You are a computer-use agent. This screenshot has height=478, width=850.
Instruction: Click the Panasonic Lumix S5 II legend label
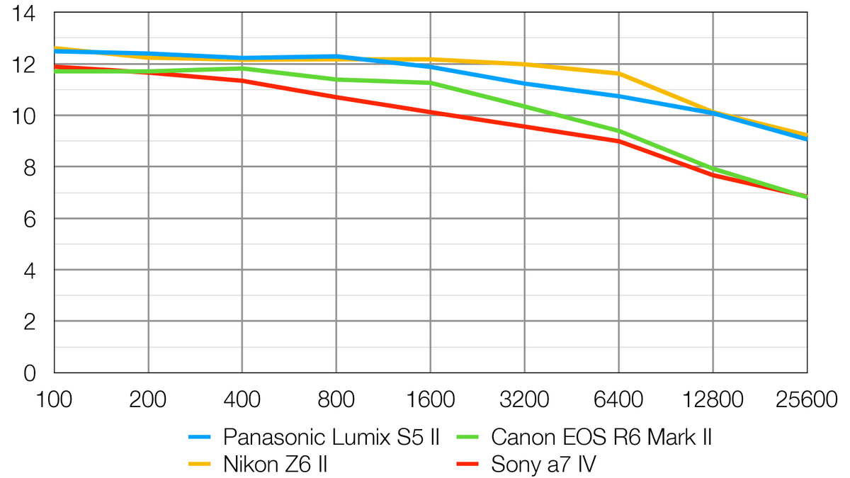pos(331,437)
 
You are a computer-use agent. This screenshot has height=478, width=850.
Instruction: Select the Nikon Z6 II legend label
pos(275,465)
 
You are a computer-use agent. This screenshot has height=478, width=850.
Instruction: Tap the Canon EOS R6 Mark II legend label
pos(601,437)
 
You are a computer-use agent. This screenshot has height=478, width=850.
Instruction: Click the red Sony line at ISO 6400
pos(618,140)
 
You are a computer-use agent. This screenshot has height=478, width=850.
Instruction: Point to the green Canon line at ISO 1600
pos(430,83)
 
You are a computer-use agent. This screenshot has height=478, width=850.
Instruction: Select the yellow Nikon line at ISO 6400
pos(618,74)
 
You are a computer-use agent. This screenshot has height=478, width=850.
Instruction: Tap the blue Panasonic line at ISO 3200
pos(524,84)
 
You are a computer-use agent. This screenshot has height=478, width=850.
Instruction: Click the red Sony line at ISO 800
pos(336,97)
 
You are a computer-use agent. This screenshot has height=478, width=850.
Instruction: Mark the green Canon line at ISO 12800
pos(713,169)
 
